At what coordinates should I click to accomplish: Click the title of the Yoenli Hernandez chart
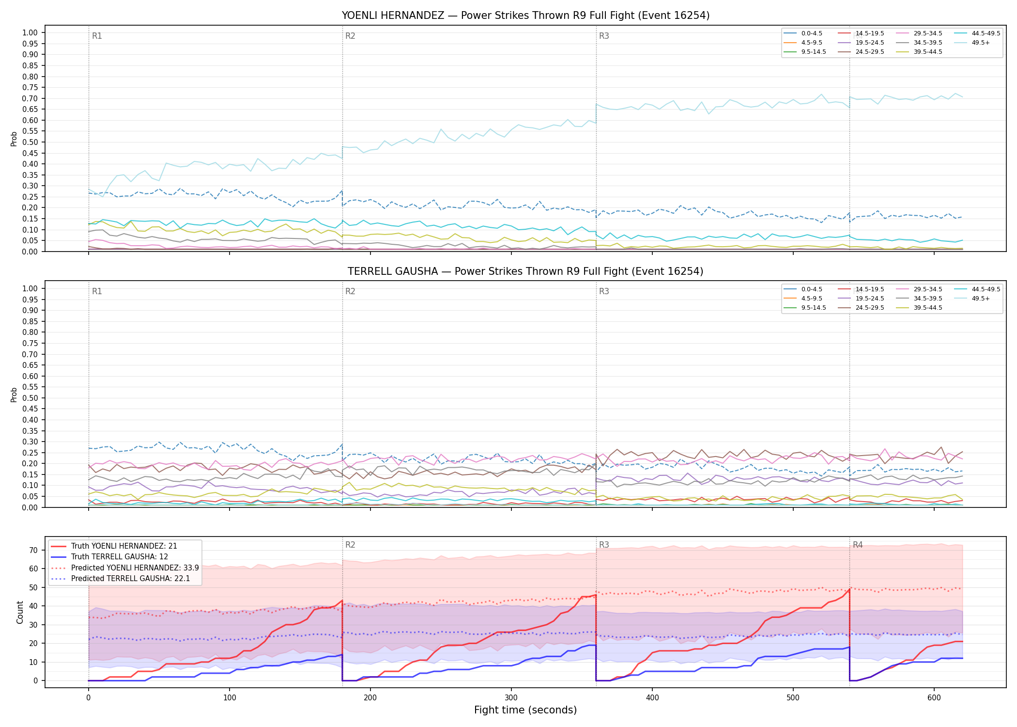coord(525,16)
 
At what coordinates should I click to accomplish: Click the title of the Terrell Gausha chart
coord(525,271)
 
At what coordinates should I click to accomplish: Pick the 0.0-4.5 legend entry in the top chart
coord(803,33)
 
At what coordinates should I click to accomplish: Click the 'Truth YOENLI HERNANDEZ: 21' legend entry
coord(114,546)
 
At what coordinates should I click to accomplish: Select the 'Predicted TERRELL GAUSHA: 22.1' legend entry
coord(121,578)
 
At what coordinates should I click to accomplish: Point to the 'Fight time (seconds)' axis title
coord(525,710)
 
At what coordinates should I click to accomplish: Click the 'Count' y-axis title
coord(20,612)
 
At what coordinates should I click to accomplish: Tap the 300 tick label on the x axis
coord(511,698)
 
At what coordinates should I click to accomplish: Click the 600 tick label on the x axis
coord(934,698)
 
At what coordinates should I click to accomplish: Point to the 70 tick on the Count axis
coord(33,550)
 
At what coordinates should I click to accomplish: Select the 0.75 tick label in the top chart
coord(30,88)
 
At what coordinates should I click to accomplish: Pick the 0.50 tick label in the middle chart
coord(30,398)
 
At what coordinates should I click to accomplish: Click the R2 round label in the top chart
coord(350,36)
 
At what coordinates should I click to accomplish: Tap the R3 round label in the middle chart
coord(604,292)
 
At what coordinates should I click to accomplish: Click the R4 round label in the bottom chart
coord(858,545)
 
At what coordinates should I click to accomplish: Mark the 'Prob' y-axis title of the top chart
coord(14,139)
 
